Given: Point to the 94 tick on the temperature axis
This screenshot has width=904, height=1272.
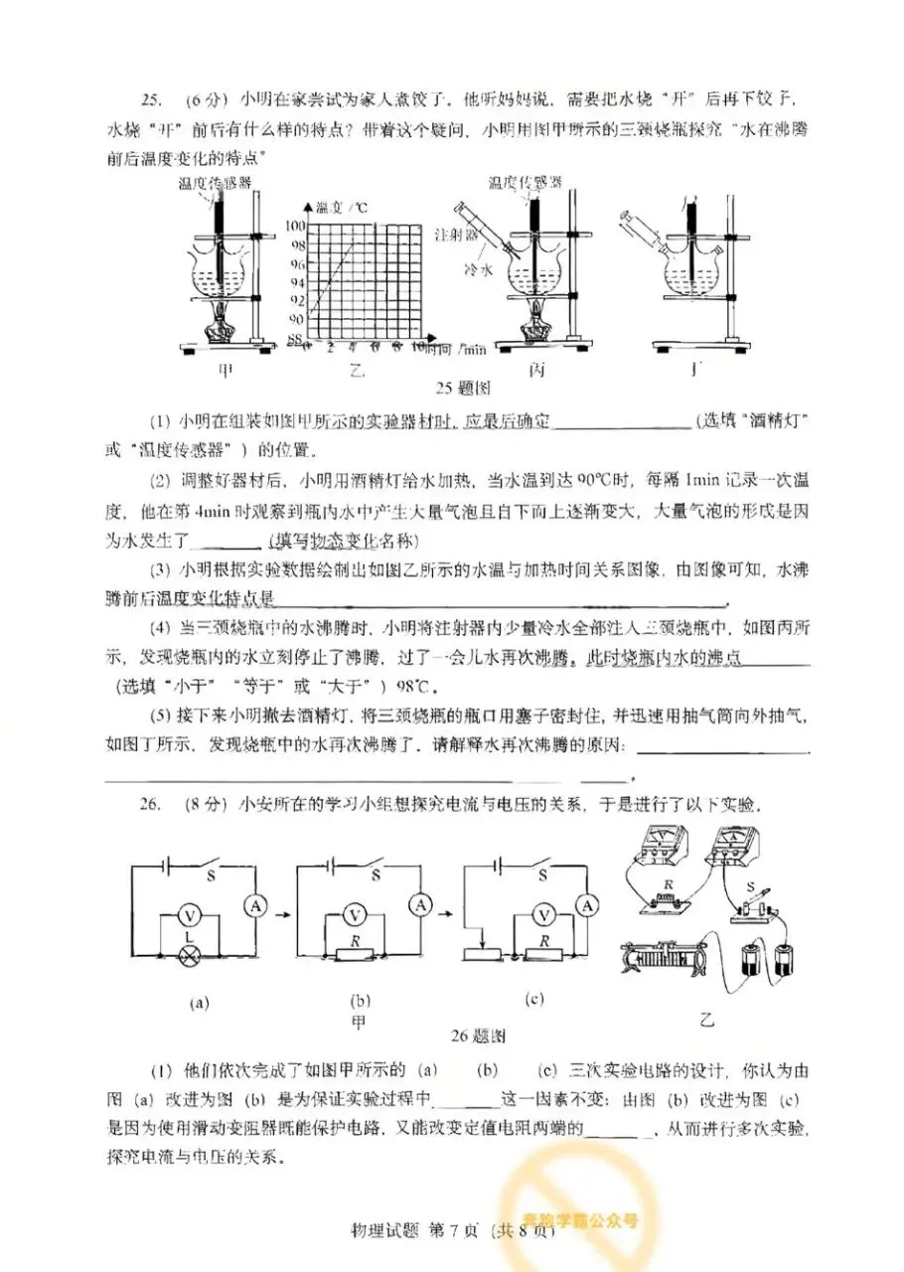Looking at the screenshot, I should coord(297,281).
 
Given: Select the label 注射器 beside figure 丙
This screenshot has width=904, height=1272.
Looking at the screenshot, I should coord(457,236).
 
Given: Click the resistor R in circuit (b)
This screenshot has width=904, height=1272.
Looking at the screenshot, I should coord(353,955).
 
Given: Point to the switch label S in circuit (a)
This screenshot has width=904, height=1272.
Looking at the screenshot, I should coord(210,876).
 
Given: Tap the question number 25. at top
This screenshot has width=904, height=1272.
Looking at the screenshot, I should coord(150,100).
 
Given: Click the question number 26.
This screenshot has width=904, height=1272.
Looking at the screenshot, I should coord(150,804).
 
